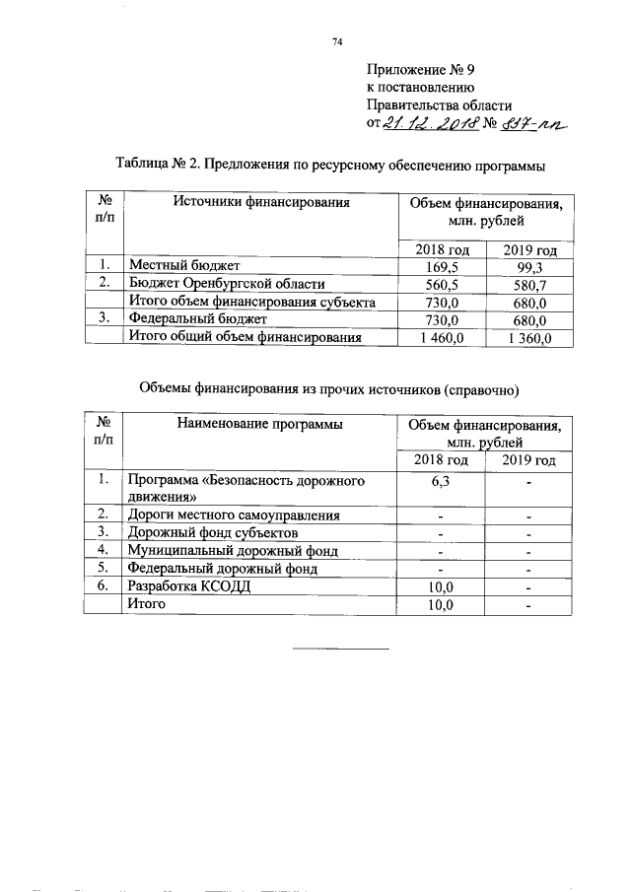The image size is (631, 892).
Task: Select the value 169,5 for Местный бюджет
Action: point(441,265)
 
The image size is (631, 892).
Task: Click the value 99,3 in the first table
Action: point(524,265)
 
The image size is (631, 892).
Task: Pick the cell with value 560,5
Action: point(441,283)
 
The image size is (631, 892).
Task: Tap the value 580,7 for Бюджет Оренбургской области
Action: point(524,283)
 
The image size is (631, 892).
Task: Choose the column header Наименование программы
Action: point(260,425)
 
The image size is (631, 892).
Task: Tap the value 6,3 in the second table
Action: point(441,481)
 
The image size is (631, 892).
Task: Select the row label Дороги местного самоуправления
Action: point(236,515)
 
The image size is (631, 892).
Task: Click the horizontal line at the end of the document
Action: point(342,649)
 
